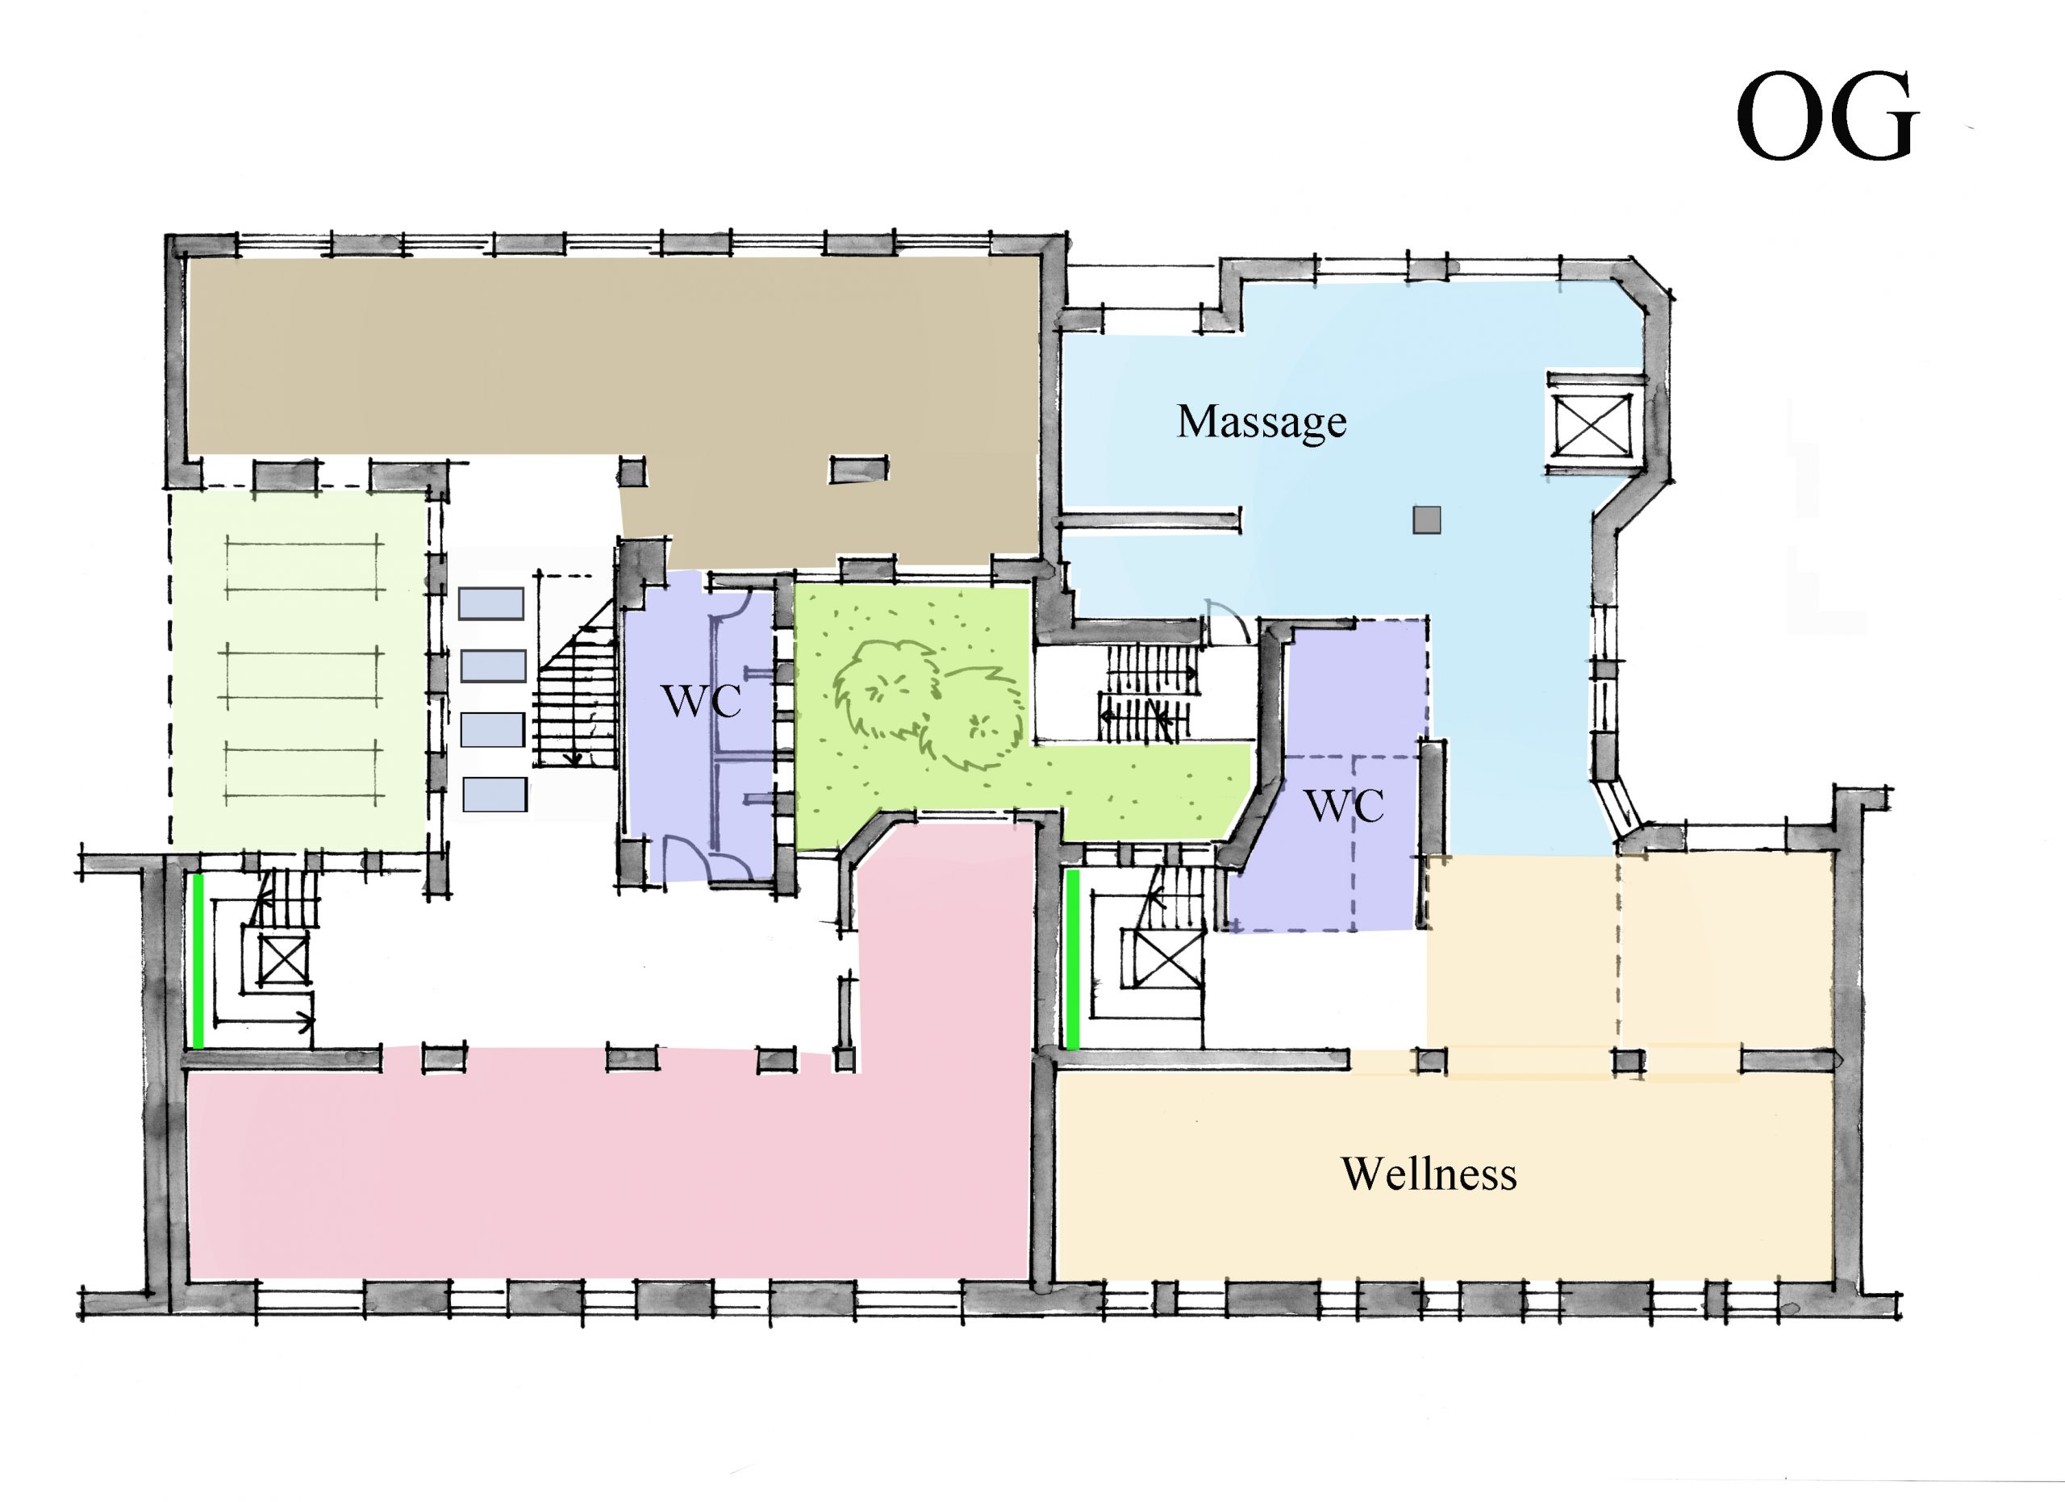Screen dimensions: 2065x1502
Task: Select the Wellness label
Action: point(1429,1174)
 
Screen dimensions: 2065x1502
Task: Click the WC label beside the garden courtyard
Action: point(700,701)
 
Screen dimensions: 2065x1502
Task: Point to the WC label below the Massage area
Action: point(1344,806)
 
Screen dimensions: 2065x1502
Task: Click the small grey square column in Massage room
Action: point(1427,519)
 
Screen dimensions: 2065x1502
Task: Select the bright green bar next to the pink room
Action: point(1073,959)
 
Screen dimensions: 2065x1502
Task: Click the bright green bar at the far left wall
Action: point(198,962)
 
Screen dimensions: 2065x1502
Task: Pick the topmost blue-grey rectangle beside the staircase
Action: point(490,603)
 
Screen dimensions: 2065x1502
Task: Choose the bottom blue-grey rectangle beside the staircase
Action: point(494,794)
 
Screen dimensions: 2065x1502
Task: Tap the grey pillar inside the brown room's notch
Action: point(857,469)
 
